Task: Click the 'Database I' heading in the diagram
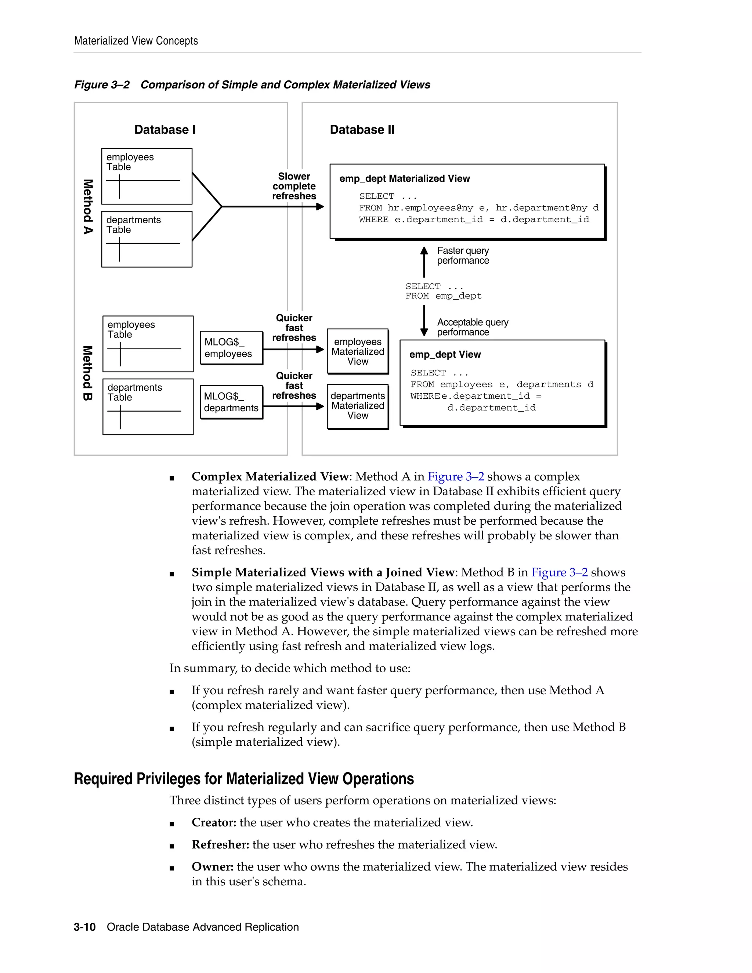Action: pos(165,130)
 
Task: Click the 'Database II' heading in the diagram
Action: pos(362,130)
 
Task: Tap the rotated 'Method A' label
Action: pos(88,207)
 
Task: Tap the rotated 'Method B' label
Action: pos(88,373)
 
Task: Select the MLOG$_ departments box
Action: pos(231,402)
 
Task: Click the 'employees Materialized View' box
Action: pos(358,351)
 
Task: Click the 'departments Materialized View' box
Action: pos(358,406)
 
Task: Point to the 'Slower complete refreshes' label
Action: pos(294,186)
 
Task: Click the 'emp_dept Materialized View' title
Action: pos(404,179)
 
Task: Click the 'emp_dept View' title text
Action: pos(445,355)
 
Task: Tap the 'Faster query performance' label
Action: pos(463,256)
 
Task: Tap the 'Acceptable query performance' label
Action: pos(472,327)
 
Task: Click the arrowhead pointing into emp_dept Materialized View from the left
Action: pos(320,207)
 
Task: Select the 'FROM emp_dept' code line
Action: pos(443,296)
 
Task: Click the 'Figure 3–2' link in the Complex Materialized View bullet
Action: pos(455,477)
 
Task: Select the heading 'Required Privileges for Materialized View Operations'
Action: pos(244,779)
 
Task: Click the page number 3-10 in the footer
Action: pos(85,927)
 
